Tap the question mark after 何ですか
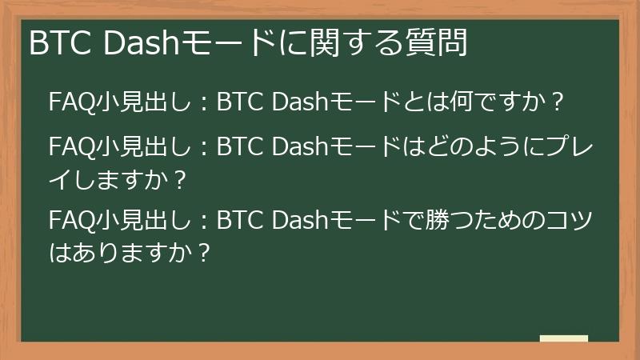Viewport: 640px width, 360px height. pos(558,102)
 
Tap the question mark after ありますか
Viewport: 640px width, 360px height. pos(203,253)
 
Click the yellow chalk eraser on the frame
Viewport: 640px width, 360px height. pos(563,338)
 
